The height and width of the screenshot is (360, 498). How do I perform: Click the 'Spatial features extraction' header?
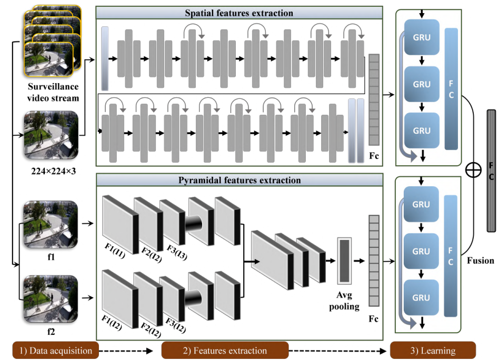(x=238, y=12)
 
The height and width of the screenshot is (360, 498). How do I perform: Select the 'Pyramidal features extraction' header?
(x=238, y=180)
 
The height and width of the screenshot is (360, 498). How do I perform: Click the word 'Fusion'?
(x=480, y=261)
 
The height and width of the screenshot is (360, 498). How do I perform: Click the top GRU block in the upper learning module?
(x=421, y=37)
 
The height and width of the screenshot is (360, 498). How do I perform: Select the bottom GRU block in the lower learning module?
(x=421, y=297)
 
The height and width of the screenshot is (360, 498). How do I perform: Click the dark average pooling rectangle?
(x=345, y=261)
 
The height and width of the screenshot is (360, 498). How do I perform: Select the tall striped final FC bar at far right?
(x=491, y=170)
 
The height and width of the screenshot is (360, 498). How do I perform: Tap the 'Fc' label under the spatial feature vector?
(x=374, y=156)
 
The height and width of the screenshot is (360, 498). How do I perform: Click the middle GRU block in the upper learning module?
(x=421, y=84)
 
